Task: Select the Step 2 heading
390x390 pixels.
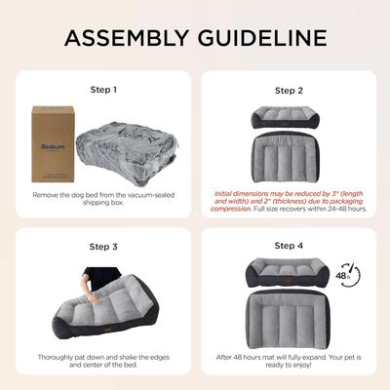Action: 289,90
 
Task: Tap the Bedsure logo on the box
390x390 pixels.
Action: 51,127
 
